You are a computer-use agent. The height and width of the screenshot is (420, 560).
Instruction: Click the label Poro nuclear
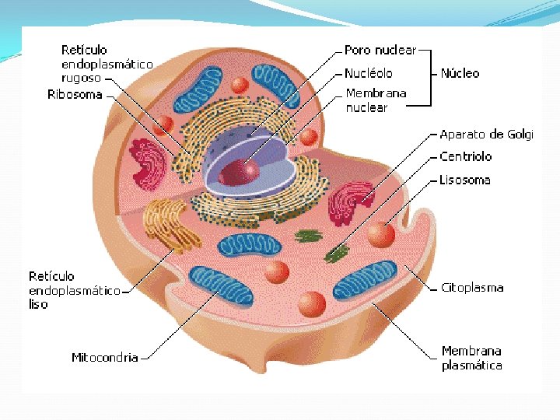[x=380, y=51]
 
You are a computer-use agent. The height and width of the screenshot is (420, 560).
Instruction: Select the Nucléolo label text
[x=369, y=74]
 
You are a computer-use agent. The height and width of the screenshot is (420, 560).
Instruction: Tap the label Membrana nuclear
[x=376, y=100]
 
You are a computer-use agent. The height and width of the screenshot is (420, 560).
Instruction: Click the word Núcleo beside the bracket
[x=460, y=74]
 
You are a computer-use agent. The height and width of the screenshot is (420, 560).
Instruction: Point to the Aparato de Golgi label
[x=486, y=135]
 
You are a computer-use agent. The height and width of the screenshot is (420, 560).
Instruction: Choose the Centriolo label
[x=465, y=156]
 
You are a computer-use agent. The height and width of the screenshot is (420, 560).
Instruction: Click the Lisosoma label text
[x=464, y=180]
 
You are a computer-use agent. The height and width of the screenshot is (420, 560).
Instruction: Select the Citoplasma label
[x=471, y=288]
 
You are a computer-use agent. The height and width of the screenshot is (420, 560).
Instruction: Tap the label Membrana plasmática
[x=471, y=359]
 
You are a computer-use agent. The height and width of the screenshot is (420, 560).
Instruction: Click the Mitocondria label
[x=104, y=358]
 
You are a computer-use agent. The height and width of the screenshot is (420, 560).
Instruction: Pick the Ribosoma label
[x=75, y=95]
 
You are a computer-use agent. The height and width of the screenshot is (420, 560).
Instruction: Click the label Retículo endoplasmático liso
[x=74, y=290]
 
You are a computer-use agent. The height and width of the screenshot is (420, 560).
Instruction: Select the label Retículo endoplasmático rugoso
[x=107, y=64]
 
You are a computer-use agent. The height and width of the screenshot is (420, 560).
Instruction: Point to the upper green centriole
[x=308, y=235]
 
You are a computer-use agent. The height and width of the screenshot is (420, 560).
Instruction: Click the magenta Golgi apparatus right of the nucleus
[x=352, y=202]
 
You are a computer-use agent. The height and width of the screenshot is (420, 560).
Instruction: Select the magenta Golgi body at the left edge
[x=148, y=163]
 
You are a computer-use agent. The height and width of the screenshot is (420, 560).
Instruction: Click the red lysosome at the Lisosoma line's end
[x=380, y=234]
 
